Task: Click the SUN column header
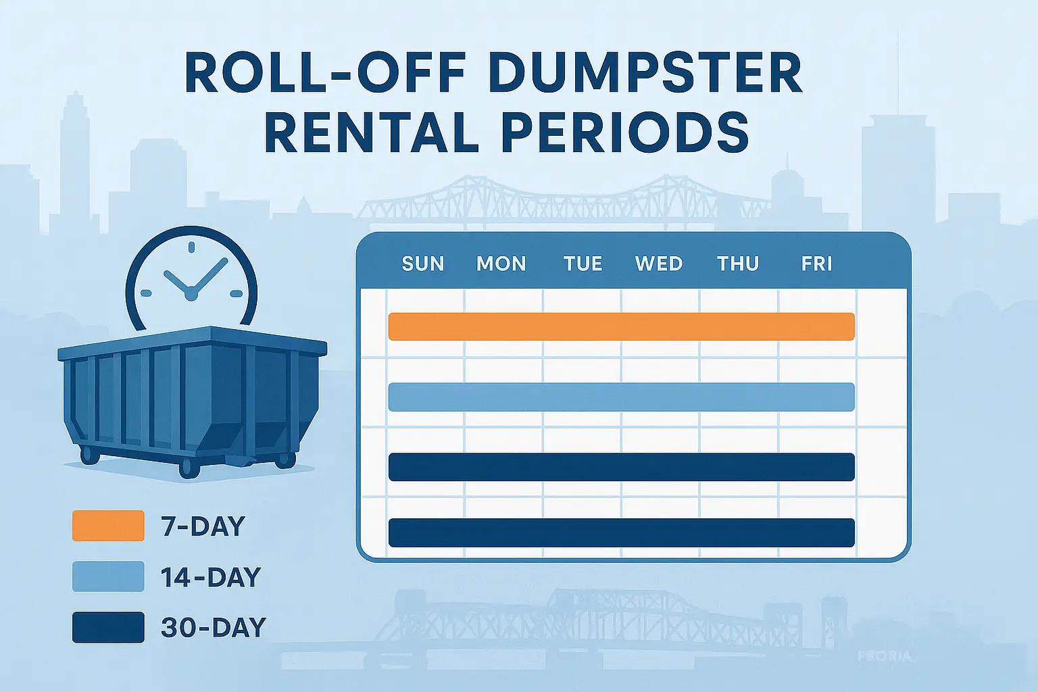tap(423, 264)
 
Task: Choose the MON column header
tap(501, 264)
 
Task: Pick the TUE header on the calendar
tap(583, 264)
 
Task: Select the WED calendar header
tap(659, 264)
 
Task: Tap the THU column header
tap(738, 264)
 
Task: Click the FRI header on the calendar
tap(816, 264)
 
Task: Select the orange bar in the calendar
tap(621, 326)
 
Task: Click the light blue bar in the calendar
tap(621, 397)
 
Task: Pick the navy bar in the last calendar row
tap(621, 533)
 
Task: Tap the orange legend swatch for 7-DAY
tap(108, 526)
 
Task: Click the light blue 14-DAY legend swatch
tap(108, 576)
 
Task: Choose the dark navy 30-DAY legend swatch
tap(108, 627)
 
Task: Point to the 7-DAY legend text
tap(203, 526)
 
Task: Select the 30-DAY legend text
tap(214, 628)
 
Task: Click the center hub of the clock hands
tap(191, 294)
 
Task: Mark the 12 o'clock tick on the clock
tap(191, 247)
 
